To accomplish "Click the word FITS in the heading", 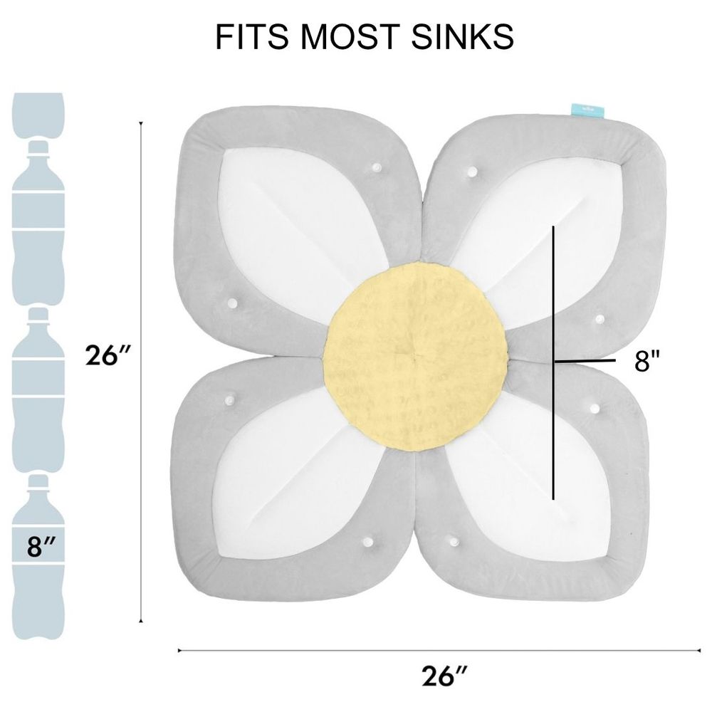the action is pyautogui.click(x=251, y=36).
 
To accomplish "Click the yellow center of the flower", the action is pyautogui.click(x=415, y=357).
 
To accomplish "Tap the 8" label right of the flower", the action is pyautogui.click(x=646, y=361).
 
